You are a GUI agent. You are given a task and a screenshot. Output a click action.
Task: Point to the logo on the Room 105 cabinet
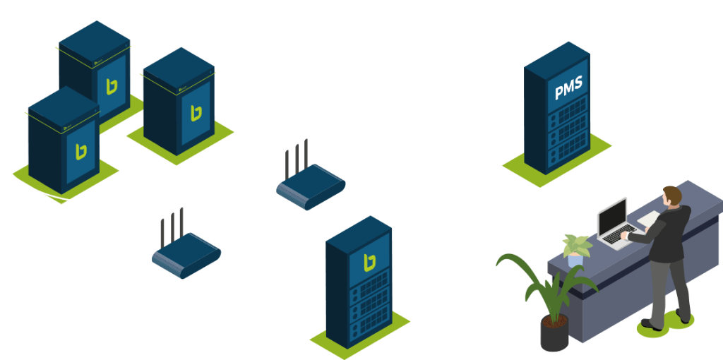(196, 112)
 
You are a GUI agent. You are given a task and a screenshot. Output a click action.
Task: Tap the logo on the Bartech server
(369, 263)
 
